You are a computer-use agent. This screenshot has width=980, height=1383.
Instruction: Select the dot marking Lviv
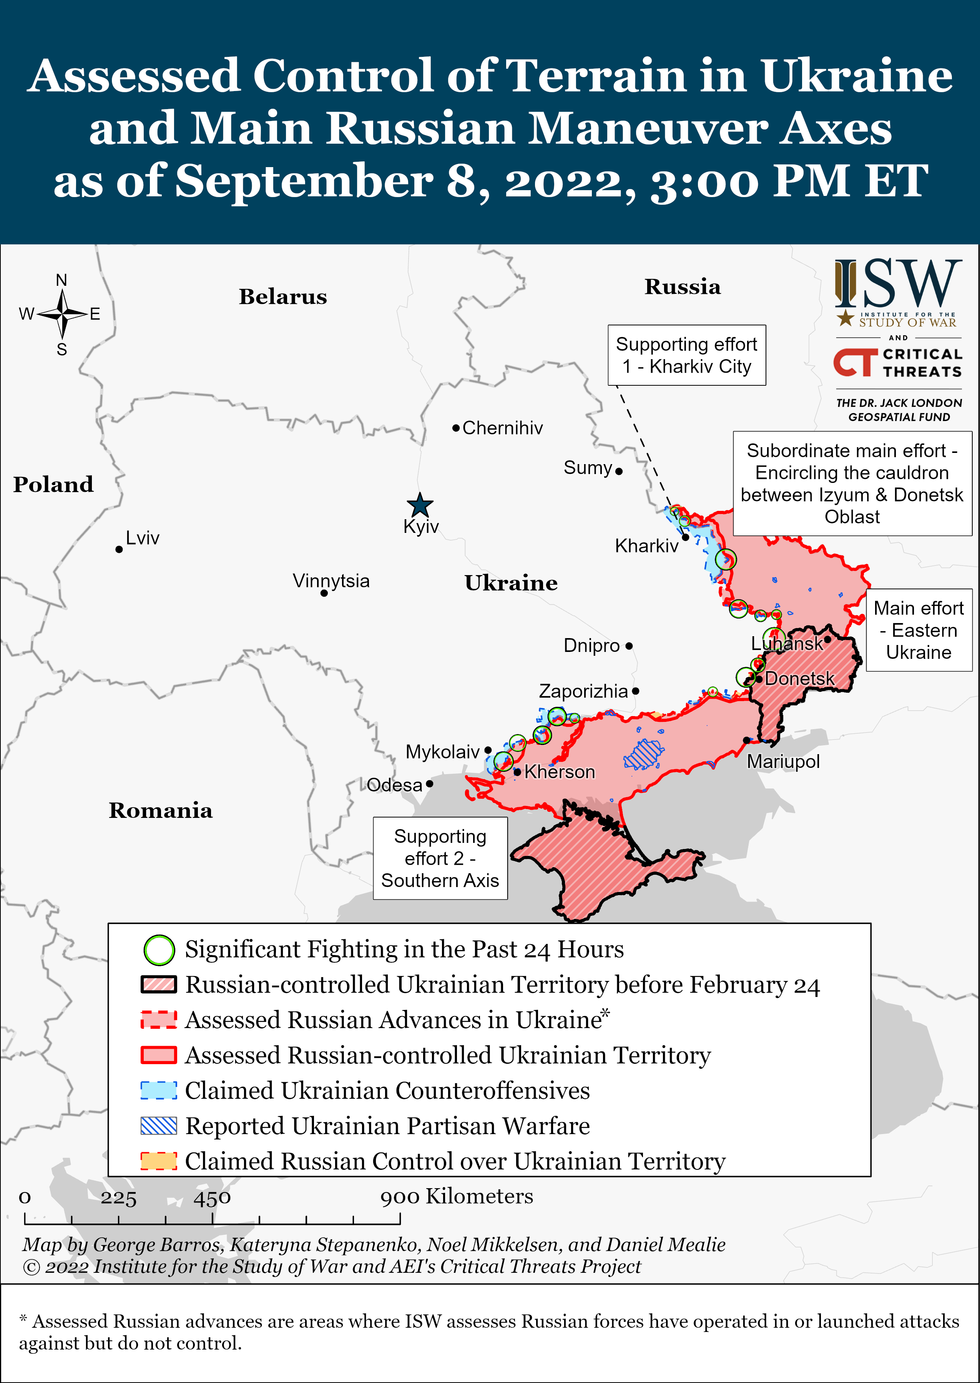[119, 549]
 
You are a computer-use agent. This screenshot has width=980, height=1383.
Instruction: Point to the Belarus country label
[282, 297]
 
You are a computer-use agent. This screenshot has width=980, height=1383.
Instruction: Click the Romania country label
[161, 811]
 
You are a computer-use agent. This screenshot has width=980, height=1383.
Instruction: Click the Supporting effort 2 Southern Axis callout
[440, 858]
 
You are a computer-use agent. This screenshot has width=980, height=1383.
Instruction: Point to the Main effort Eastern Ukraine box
[919, 630]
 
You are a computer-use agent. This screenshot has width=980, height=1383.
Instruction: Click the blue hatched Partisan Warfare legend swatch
[159, 1126]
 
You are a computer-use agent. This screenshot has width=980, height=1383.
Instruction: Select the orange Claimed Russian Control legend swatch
[159, 1161]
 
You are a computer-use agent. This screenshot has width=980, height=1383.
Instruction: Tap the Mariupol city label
[783, 762]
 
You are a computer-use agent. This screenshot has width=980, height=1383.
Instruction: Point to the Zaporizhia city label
[583, 691]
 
